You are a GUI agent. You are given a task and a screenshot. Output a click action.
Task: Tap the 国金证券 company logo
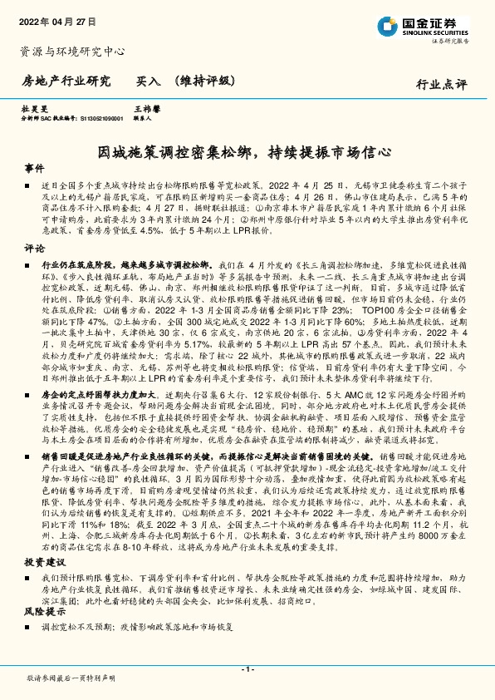tap(423, 25)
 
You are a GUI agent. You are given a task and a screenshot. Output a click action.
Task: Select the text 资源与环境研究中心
tap(72, 52)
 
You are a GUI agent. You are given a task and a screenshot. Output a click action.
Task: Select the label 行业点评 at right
tap(442, 84)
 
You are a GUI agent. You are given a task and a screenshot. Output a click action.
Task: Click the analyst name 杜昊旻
tap(32, 109)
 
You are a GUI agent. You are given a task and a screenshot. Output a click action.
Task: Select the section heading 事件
tap(34, 168)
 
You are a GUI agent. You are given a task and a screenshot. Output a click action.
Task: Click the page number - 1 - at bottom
tap(247, 669)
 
